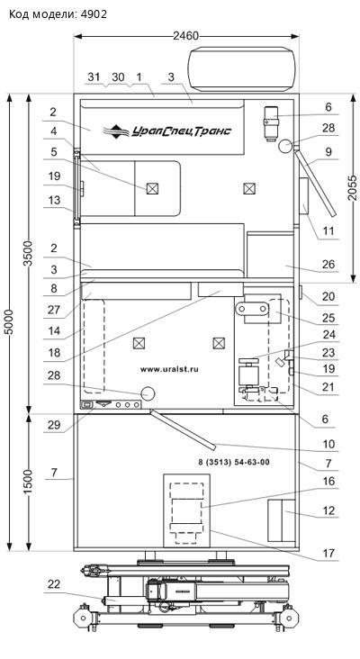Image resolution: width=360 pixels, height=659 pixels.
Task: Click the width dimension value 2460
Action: pyautogui.click(x=185, y=36)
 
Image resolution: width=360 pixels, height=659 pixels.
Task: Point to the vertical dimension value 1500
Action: pyautogui.click(x=28, y=482)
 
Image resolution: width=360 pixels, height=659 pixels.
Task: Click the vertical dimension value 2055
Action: pyautogui.click(x=355, y=184)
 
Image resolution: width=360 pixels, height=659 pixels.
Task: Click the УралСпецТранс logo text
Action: pyautogui.click(x=182, y=131)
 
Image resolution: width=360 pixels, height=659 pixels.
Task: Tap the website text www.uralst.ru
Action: pyautogui.click(x=169, y=369)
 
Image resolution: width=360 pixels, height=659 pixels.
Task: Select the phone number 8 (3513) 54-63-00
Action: pyautogui.click(x=234, y=463)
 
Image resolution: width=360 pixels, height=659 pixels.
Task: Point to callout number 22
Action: pyautogui.click(x=54, y=583)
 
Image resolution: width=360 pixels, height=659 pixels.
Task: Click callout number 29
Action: pyautogui.click(x=54, y=425)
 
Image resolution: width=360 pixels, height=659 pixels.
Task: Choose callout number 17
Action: pyautogui.click(x=328, y=553)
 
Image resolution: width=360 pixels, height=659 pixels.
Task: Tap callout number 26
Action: pyautogui.click(x=328, y=264)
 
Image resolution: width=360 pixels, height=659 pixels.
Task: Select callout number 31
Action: pyautogui.click(x=94, y=77)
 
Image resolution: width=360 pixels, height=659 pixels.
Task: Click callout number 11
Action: pyautogui.click(x=328, y=230)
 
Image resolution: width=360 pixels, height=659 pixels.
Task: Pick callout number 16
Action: pyautogui.click(x=328, y=481)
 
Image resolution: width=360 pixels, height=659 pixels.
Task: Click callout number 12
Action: pyautogui.click(x=328, y=510)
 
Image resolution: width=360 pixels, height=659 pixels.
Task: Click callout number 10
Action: pyautogui.click(x=328, y=444)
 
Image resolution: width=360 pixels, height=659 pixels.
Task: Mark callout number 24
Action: pyautogui.click(x=328, y=335)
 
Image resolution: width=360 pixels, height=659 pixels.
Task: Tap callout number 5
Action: pyautogui.click(x=54, y=151)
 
